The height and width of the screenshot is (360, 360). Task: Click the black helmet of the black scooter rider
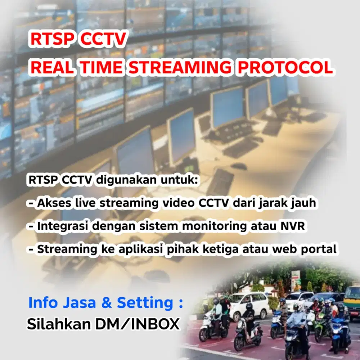249,306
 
